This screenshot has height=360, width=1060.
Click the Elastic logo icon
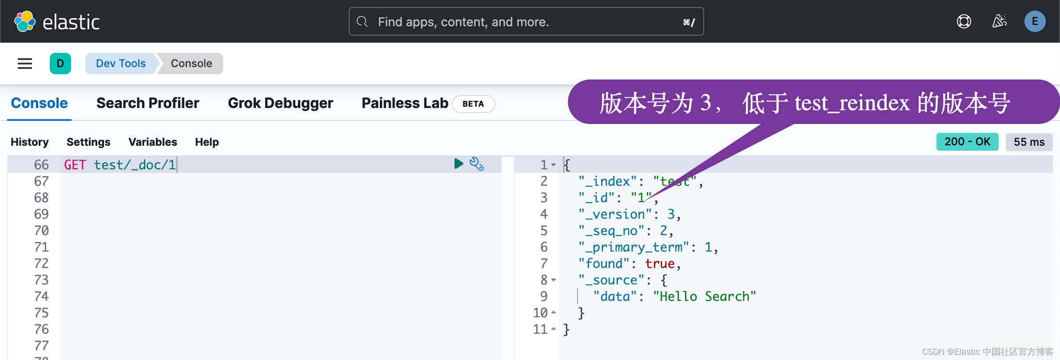pyautogui.click(x=25, y=21)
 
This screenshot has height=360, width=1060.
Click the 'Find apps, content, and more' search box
pyautogui.click(x=526, y=21)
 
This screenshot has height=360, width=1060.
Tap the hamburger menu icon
pyautogui.click(x=25, y=64)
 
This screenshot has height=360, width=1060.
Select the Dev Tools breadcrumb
pyautogui.click(x=120, y=64)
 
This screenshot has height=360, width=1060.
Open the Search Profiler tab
pyautogui.click(x=147, y=103)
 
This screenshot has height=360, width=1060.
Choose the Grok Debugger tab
pyautogui.click(x=280, y=103)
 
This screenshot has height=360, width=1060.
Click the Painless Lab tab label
pyautogui.click(x=405, y=103)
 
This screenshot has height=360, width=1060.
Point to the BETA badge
pyautogui.click(x=473, y=104)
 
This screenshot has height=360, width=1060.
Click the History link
pyautogui.click(x=30, y=142)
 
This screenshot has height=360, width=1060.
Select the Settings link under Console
pyautogui.click(x=88, y=142)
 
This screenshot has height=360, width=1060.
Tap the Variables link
pyautogui.click(x=153, y=142)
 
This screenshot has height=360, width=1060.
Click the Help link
pyautogui.click(x=207, y=142)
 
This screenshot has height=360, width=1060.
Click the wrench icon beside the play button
pyautogui.click(x=477, y=164)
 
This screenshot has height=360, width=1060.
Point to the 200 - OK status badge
pyautogui.click(x=967, y=142)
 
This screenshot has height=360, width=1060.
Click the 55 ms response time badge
pyautogui.click(x=1029, y=142)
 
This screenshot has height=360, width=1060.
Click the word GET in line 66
pyautogui.click(x=75, y=165)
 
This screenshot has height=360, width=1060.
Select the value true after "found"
pyautogui.click(x=660, y=264)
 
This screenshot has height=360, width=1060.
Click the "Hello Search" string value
pyautogui.click(x=704, y=296)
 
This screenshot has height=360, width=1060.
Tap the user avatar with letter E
pyautogui.click(x=1035, y=21)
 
